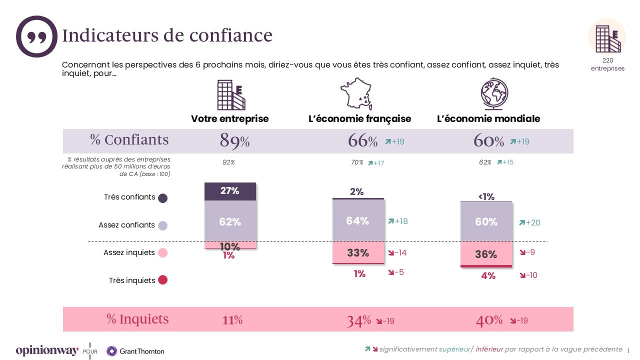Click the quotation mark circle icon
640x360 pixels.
[x=37, y=36]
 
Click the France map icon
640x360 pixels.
[x=356, y=93]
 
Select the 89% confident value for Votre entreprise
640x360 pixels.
[x=234, y=141]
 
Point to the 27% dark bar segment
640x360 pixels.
[x=230, y=191]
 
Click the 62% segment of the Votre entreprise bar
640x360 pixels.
[x=230, y=221]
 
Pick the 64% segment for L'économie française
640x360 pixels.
[x=358, y=220]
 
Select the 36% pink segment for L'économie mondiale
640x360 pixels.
[x=486, y=253]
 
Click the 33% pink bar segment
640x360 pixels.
[x=358, y=253]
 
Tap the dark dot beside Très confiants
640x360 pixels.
[x=162, y=198]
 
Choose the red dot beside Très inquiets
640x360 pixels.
[x=162, y=280]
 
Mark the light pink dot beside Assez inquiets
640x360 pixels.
[x=162, y=253]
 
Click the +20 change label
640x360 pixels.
[x=529, y=222]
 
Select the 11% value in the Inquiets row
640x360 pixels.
[x=232, y=320]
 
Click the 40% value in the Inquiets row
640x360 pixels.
[x=489, y=320]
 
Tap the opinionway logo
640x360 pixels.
[x=47, y=351]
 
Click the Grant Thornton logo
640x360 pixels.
[x=135, y=351]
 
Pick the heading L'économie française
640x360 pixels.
[x=359, y=119]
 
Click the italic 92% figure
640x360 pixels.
[x=229, y=162]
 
